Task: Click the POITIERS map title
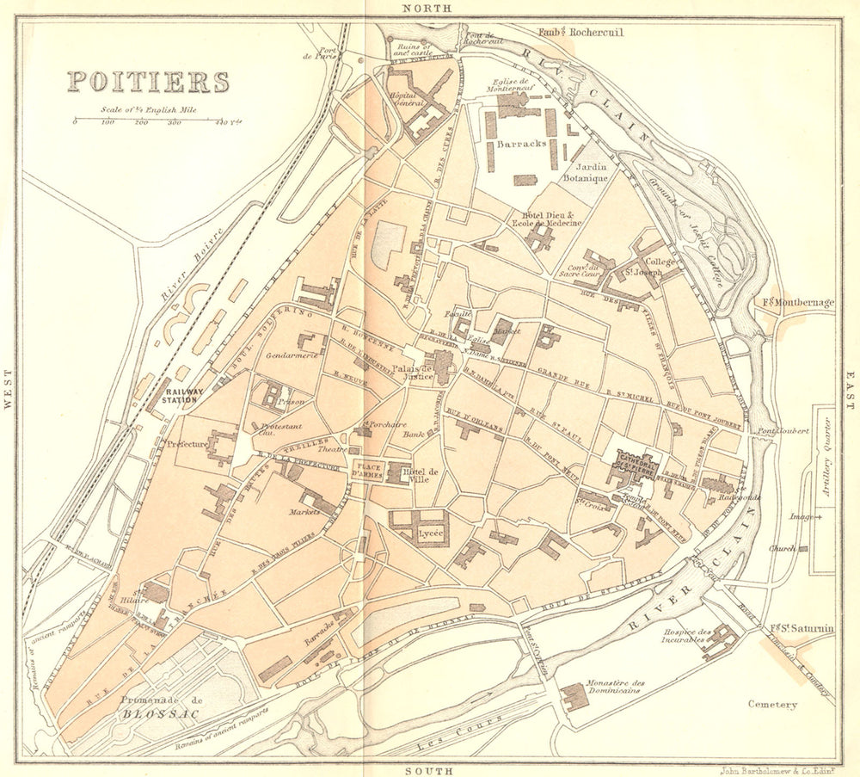click(149, 82)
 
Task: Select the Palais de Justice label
click(412, 372)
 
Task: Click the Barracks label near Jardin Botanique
click(521, 145)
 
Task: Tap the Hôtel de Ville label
click(422, 476)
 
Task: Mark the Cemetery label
click(772, 705)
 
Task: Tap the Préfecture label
click(187, 444)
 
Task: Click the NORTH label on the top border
click(427, 8)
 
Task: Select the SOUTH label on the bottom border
click(427, 770)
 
